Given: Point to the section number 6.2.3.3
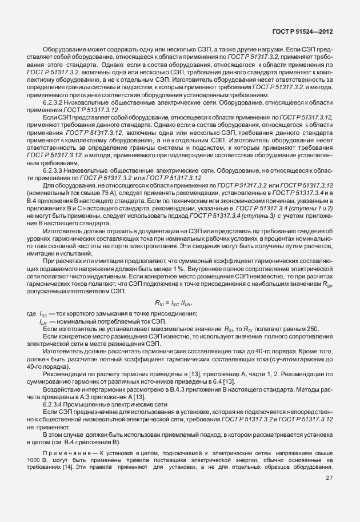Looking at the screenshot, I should click(54, 170).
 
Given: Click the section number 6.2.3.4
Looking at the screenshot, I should click(54, 404).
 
